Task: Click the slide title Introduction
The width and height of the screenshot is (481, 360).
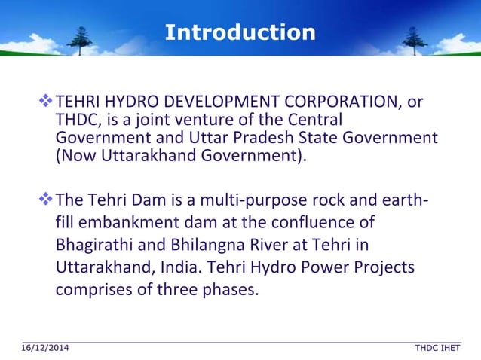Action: (x=240, y=32)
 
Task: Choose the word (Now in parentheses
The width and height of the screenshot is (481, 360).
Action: (x=75, y=157)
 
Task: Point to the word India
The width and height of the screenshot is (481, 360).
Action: (x=181, y=267)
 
